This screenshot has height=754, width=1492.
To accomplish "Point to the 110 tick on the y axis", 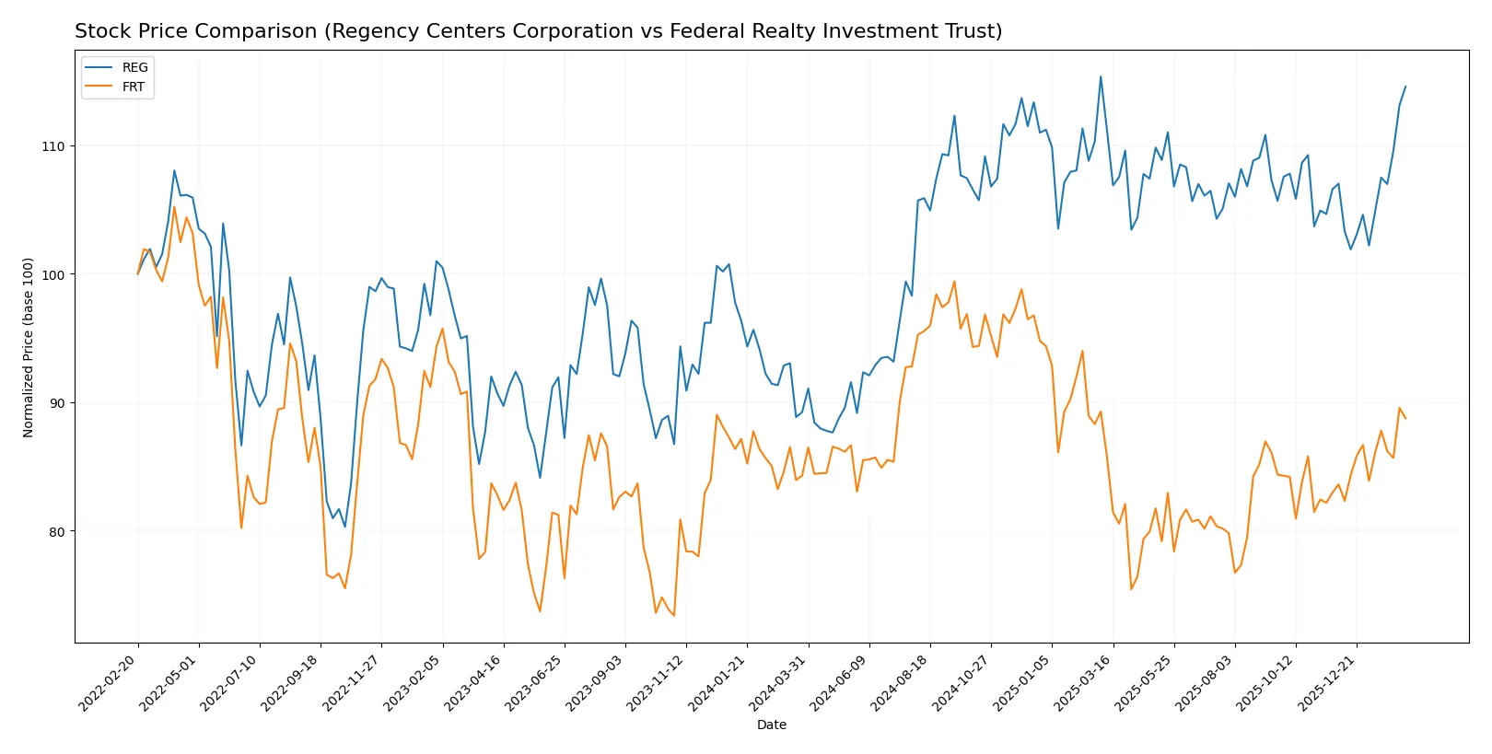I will point(53,146).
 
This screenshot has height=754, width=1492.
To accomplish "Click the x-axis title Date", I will point(771,725).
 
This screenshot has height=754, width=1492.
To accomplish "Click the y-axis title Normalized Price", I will point(29,347).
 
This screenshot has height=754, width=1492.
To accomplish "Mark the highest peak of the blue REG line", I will point(1101,77).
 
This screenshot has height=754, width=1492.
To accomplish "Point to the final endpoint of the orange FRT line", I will point(1405,418).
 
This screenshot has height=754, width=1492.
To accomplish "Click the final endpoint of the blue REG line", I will point(1405,87).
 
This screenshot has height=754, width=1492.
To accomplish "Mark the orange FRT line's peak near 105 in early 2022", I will point(174,206).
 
